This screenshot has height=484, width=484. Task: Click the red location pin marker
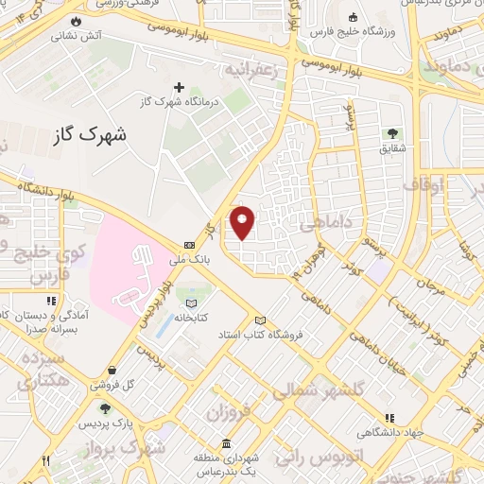point(243,222)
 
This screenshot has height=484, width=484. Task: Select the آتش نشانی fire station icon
point(77,20)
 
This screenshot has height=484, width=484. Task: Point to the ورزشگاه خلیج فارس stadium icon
point(353,17)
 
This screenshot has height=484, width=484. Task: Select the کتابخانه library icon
point(192,303)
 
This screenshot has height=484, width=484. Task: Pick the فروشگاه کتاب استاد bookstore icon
point(261,321)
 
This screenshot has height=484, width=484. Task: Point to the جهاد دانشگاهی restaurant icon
point(389,418)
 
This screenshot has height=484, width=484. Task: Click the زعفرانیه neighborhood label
point(249,71)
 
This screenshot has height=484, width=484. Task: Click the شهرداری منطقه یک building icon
point(226,444)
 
